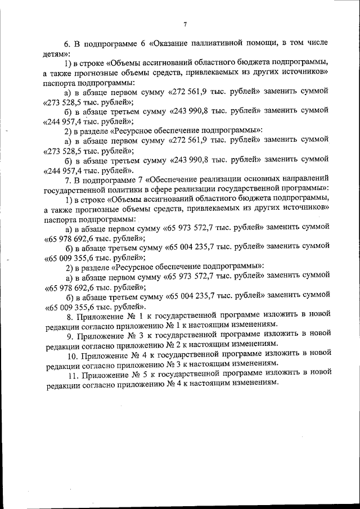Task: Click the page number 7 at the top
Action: (184, 24)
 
